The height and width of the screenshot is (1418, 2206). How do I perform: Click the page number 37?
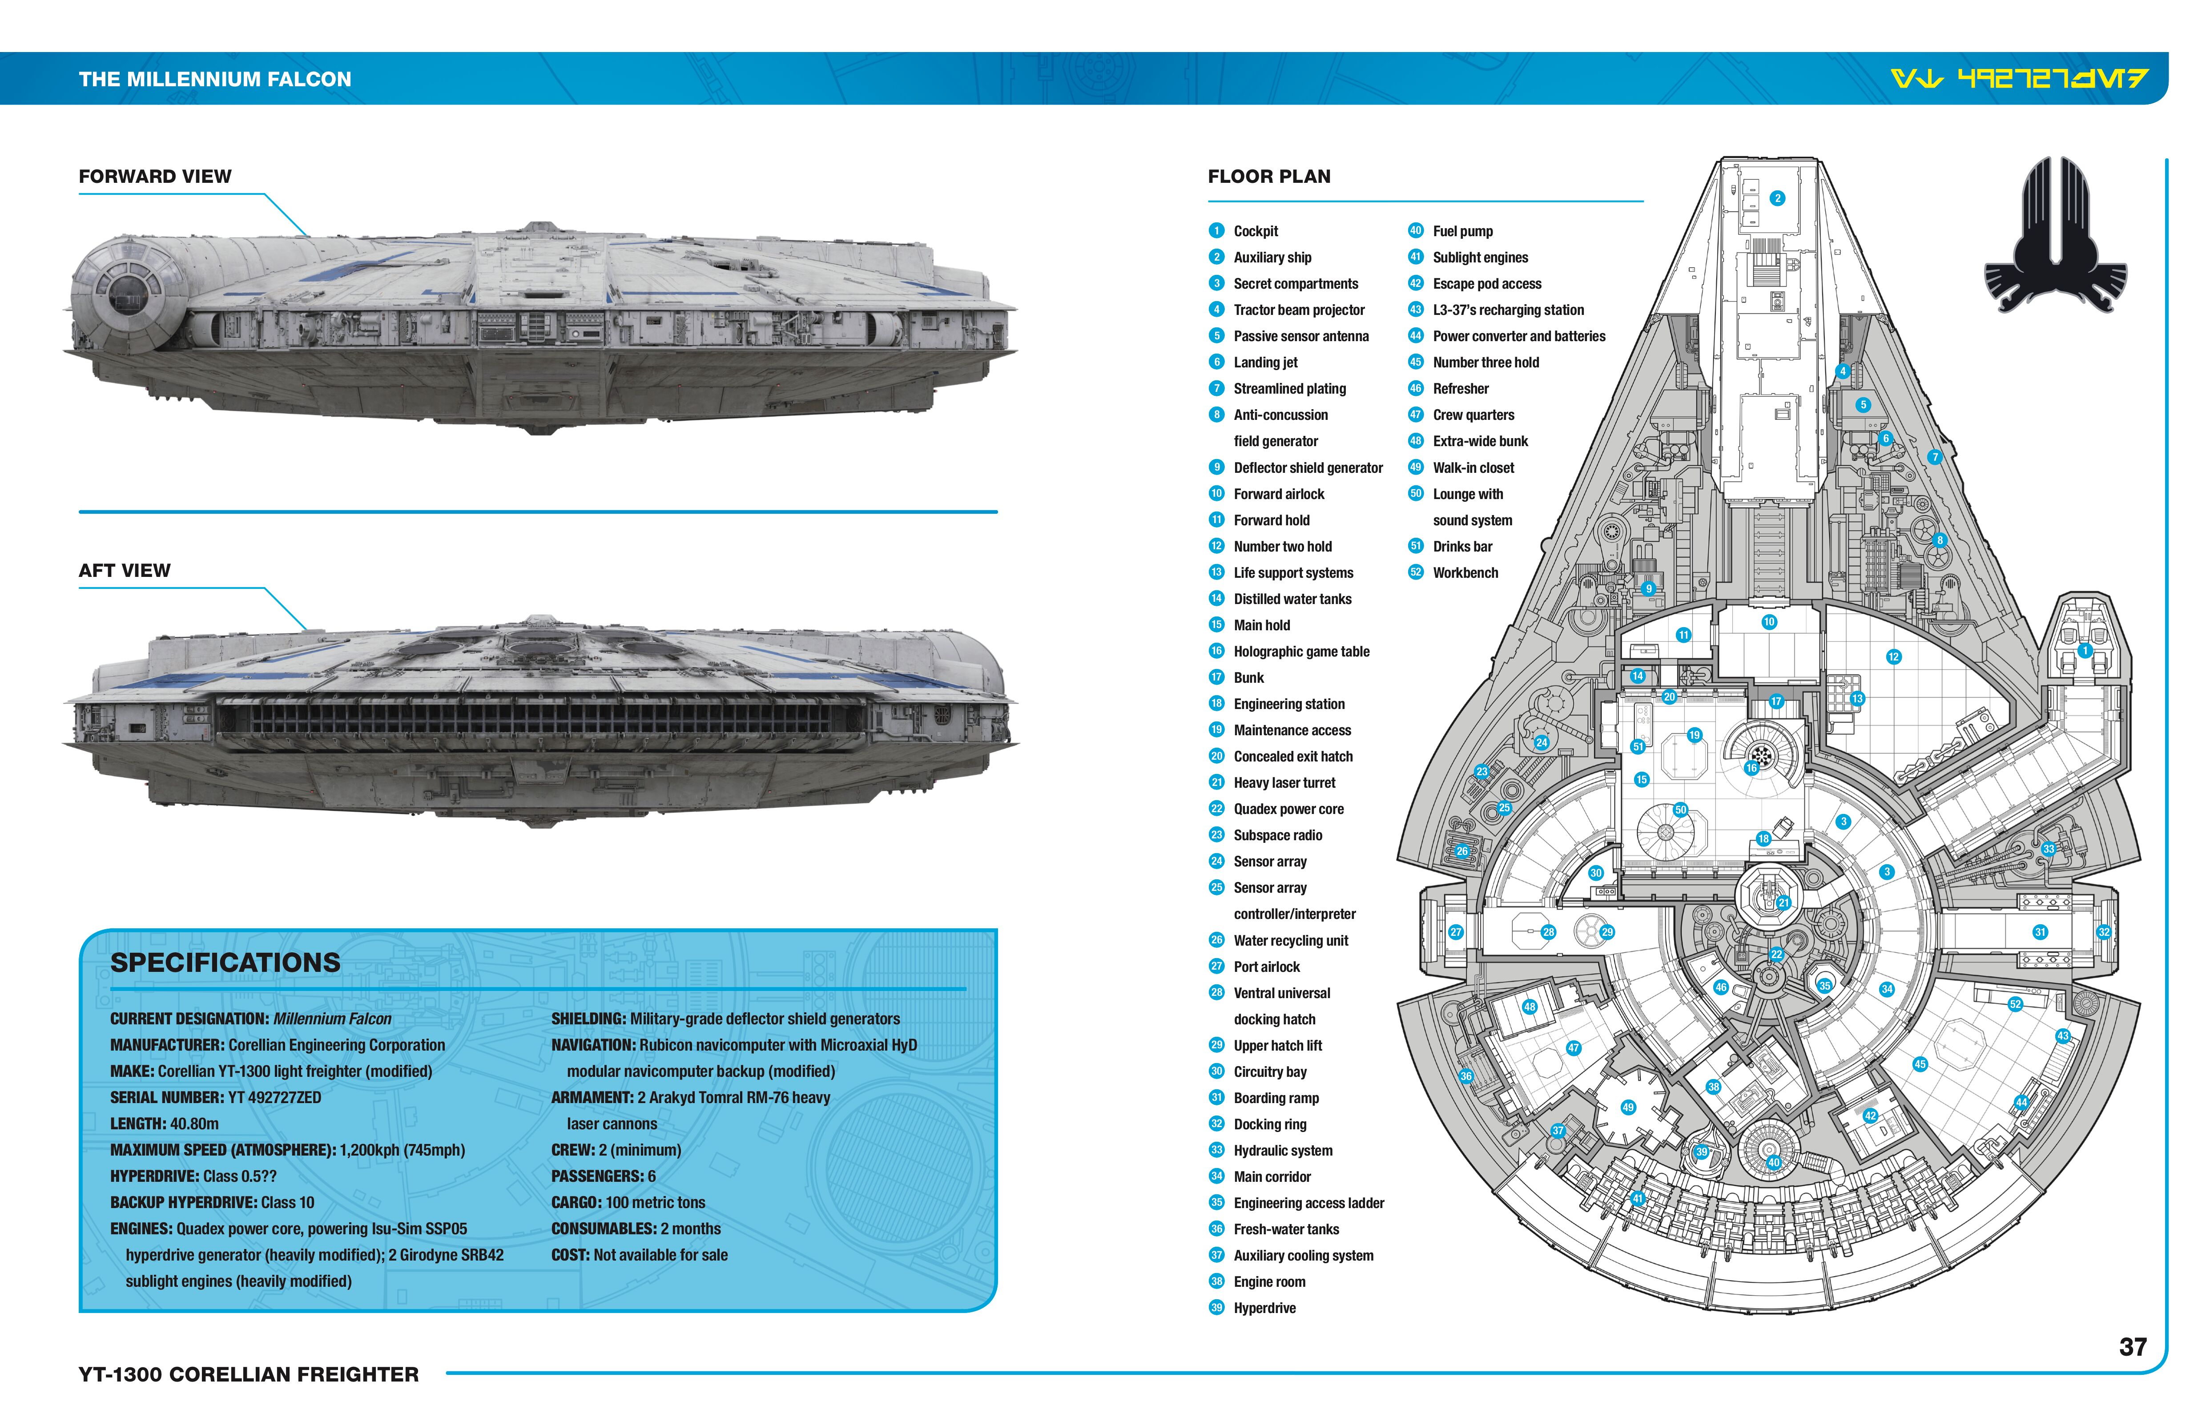coord(2132,1347)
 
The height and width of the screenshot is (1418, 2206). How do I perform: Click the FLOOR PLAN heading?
coord(1269,177)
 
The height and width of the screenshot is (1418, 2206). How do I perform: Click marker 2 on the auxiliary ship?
coord(1777,198)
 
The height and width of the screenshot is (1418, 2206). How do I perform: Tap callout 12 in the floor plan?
coord(1893,657)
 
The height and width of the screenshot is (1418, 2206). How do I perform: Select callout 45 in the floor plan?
coord(1920,1064)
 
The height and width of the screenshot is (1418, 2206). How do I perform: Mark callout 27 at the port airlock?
coord(1456,932)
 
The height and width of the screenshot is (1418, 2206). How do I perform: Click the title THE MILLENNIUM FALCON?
coord(214,79)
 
